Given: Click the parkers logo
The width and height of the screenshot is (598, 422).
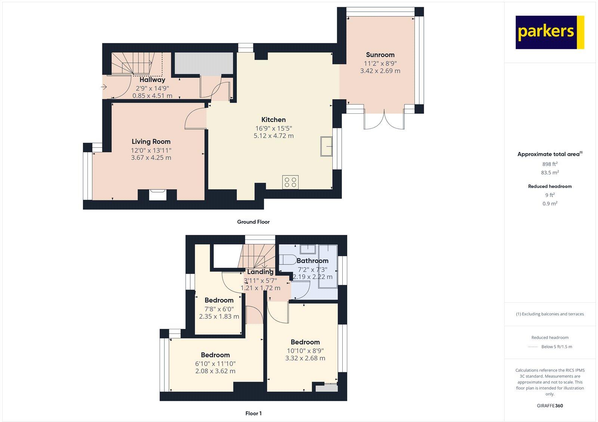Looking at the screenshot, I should pos(549,32).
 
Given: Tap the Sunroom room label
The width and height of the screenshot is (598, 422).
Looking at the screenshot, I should pos(380,55).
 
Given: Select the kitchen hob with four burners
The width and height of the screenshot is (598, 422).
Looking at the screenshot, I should pos(290,182).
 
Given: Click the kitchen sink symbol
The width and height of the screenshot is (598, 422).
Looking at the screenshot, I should pos(326,146).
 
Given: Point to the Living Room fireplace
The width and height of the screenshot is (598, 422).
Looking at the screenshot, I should pos(157,195).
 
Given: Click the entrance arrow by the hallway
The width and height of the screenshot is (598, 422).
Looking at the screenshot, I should pos(104,88).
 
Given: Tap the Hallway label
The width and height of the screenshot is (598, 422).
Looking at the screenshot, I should pos(152,80).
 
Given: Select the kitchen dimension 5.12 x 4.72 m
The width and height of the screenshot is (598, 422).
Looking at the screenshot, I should pos(274,136).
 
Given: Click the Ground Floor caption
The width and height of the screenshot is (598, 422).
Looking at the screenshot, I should pos(253,222).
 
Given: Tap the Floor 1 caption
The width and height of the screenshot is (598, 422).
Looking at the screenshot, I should pos(253,413).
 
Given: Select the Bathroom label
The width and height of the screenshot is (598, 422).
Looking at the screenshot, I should pos(312,261).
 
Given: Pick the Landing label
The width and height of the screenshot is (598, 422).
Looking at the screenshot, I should pos(260,272).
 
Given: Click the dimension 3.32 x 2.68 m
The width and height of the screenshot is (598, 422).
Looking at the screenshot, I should pos(305,358).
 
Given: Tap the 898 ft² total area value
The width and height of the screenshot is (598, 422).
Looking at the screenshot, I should pos(550,164).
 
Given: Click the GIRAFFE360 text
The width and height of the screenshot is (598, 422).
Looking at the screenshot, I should pos(550,406).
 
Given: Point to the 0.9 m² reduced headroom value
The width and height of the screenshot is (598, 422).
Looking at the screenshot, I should pos(550,204).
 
